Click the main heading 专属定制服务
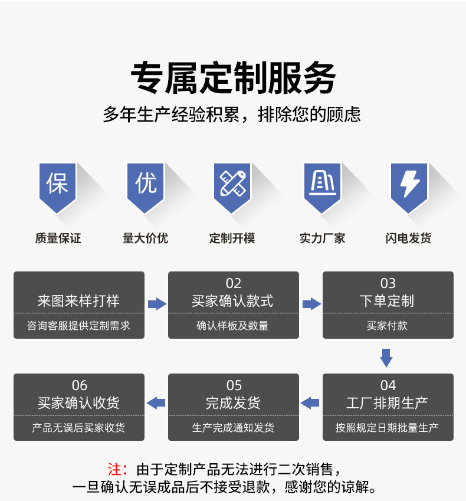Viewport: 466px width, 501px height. coord(233,78)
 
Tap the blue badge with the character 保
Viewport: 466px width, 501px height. coord(58,185)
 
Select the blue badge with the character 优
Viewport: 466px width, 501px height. coord(146,185)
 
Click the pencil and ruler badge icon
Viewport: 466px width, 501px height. coord(232,185)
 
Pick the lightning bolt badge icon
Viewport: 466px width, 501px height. coord(409,185)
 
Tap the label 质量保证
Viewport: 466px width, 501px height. coord(58,238)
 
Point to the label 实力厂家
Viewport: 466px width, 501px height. coord(322,238)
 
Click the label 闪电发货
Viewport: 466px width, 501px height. coord(409,238)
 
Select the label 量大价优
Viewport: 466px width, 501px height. coord(145,238)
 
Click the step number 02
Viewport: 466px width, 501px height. coord(234,283)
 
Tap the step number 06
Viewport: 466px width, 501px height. coord(80,385)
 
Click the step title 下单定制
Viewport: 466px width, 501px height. coord(388,301)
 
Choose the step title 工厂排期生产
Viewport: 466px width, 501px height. coord(388,403)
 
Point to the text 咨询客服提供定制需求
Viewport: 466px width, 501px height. coord(79,326)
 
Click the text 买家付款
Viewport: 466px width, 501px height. coord(388,326)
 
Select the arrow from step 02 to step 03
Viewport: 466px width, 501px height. coord(311,304)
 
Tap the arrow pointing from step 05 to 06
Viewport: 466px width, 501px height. coord(156,403)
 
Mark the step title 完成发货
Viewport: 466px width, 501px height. coord(234,403)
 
